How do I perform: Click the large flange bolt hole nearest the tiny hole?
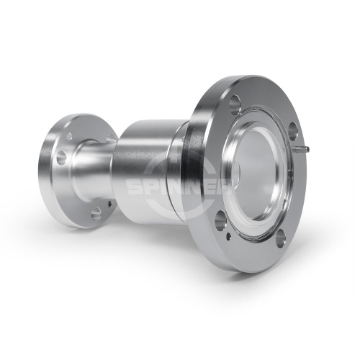click(x=220, y=221)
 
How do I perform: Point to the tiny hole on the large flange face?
click(x=229, y=236)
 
